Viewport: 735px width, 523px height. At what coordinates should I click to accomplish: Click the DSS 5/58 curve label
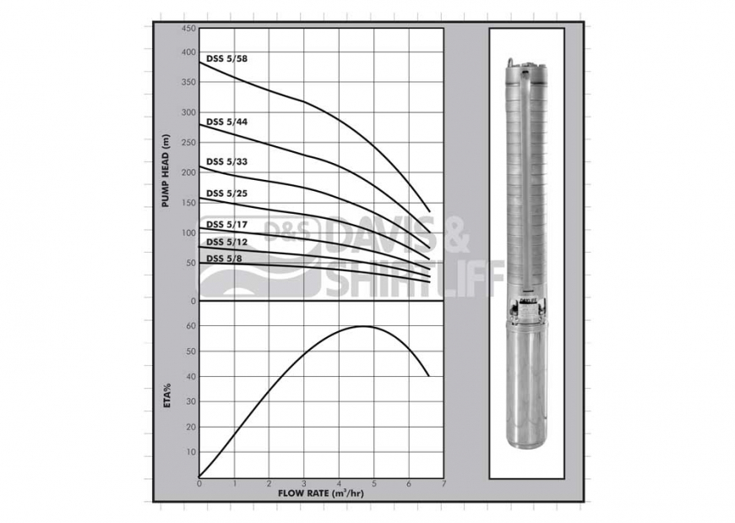coord(226,58)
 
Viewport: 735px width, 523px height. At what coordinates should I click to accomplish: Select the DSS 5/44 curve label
coord(226,122)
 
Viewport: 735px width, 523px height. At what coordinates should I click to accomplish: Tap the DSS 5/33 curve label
coord(226,161)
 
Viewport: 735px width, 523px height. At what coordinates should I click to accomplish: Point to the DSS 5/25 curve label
coord(226,193)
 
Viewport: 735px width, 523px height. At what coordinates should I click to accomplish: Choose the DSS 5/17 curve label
coord(226,224)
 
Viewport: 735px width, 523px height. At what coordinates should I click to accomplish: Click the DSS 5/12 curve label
coord(226,242)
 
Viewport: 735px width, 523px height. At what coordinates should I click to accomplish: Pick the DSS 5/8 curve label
coord(224,258)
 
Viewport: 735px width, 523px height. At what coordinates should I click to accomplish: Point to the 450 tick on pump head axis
coord(188,29)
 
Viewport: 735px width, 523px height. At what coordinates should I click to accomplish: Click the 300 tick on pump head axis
coord(188,112)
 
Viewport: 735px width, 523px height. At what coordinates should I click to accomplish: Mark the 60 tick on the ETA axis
coord(191,326)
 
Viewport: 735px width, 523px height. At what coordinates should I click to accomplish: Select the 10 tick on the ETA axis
coord(191,452)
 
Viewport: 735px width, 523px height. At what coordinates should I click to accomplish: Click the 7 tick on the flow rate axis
coord(443,484)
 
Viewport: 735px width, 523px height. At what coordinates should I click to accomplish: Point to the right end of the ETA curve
coord(429,375)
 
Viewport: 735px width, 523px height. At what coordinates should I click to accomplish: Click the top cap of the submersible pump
coord(525,66)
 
